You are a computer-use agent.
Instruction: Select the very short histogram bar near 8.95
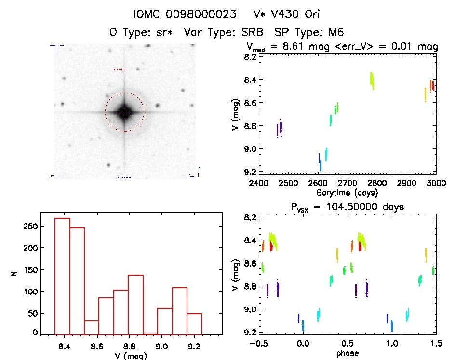point(150,333)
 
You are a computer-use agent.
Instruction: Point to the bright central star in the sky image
point(124,112)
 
